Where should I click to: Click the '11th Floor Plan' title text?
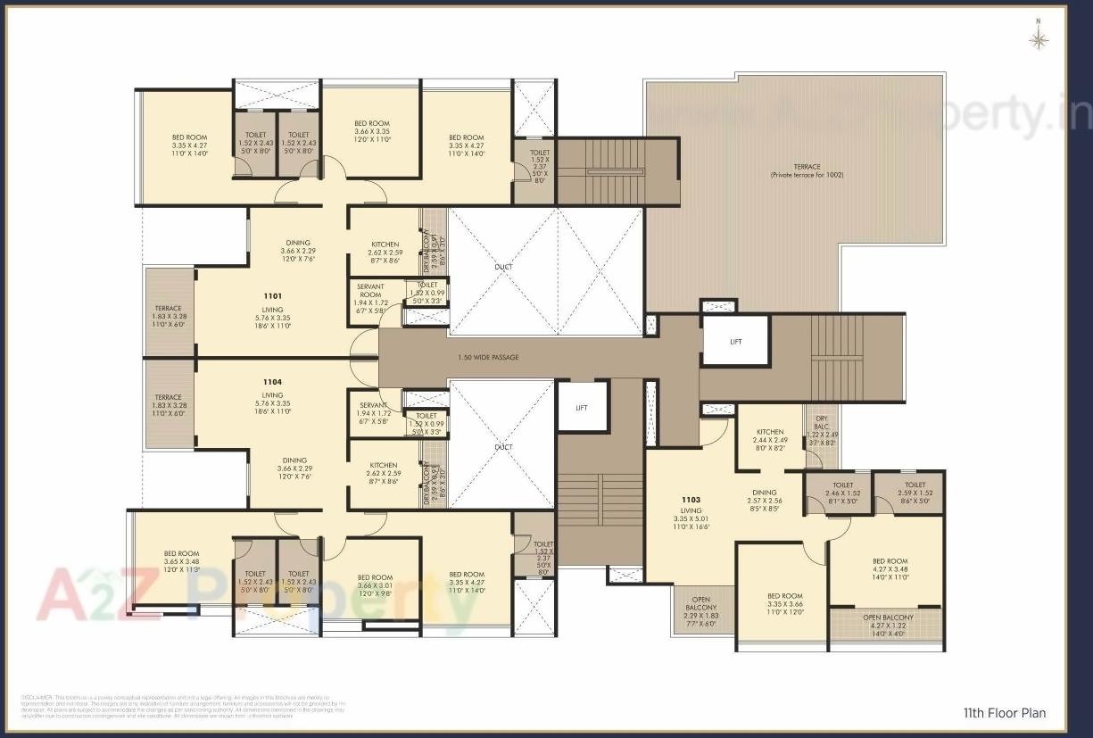tap(1004, 713)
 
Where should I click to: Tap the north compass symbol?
tap(1039, 38)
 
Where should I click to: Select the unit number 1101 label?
tap(272, 295)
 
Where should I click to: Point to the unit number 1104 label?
tap(272, 382)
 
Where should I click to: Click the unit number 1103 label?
tap(691, 501)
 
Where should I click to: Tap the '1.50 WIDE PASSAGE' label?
tap(487, 358)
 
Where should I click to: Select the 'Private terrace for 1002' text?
tap(807, 175)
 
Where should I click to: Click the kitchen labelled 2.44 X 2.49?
tap(769, 435)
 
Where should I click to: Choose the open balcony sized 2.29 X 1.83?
tap(701, 611)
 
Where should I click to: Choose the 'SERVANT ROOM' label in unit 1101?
tap(370, 295)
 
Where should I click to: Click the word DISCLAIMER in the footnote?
tap(35, 696)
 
